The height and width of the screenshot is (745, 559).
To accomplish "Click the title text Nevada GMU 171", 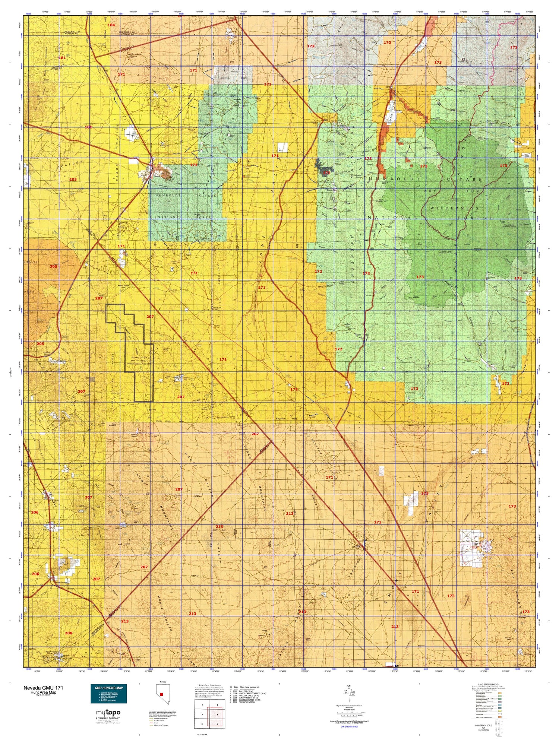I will [x=45, y=688].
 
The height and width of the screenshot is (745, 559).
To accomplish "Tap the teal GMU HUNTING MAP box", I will [x=108, y=694].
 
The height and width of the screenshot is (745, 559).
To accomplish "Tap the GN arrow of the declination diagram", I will [x=349, y=687].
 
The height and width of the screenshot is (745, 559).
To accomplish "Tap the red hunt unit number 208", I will [x=69, y=633].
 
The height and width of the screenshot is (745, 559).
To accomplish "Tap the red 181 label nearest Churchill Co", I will [x=62, y=58].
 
